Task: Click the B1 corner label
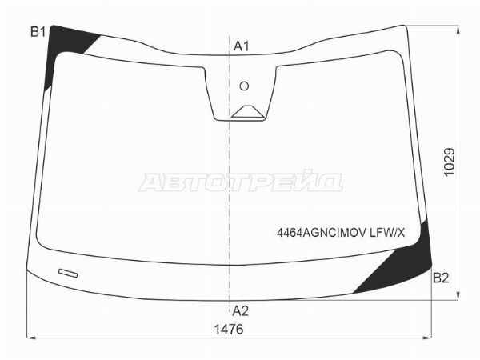[x=38, y=32]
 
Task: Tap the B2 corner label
[x=441, y=278]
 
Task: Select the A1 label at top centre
[x=242, y=46]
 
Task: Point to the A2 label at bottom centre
[x=241, y=311]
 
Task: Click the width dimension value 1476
[x=229, y=330]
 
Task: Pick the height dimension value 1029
[x=450, y=162]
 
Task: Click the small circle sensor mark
[x=244, y=86]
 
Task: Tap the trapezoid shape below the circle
[x=247, y=111]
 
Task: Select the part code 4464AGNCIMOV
[x=322, y=234]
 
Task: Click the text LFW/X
[x=387, y=234]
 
